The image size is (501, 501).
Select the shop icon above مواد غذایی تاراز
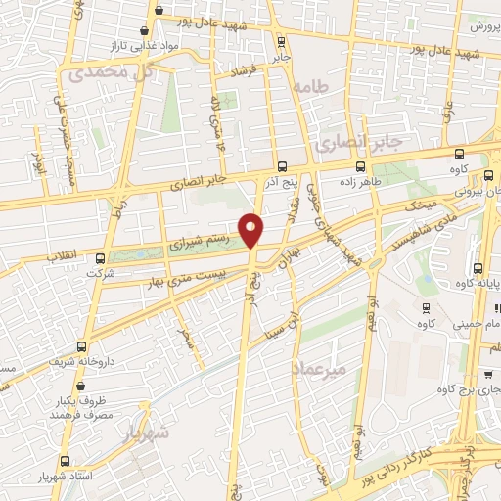point(145,31)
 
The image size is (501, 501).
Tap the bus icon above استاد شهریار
point(66,460)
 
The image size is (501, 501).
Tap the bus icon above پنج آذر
point(282,165)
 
